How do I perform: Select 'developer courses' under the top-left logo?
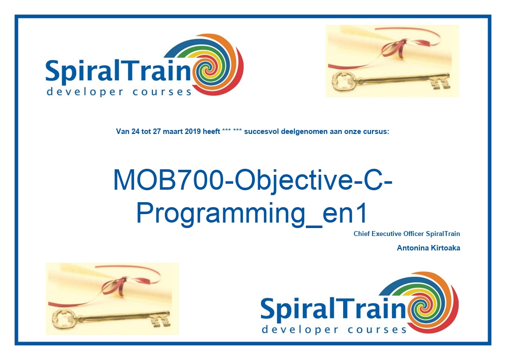[x=119, y=92]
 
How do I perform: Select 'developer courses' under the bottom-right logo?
[x=334, y=330]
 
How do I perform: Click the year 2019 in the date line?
[x=193, y=132]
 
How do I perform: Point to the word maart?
[x=173, y=132]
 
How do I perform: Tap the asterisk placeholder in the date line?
[x=232, y=131]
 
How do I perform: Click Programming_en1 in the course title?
[x=252, y=213]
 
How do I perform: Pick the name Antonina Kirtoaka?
[x=428, y=248]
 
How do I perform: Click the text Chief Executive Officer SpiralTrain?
[x=407, y=234]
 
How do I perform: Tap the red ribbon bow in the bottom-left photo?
[x=115, y=286]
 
